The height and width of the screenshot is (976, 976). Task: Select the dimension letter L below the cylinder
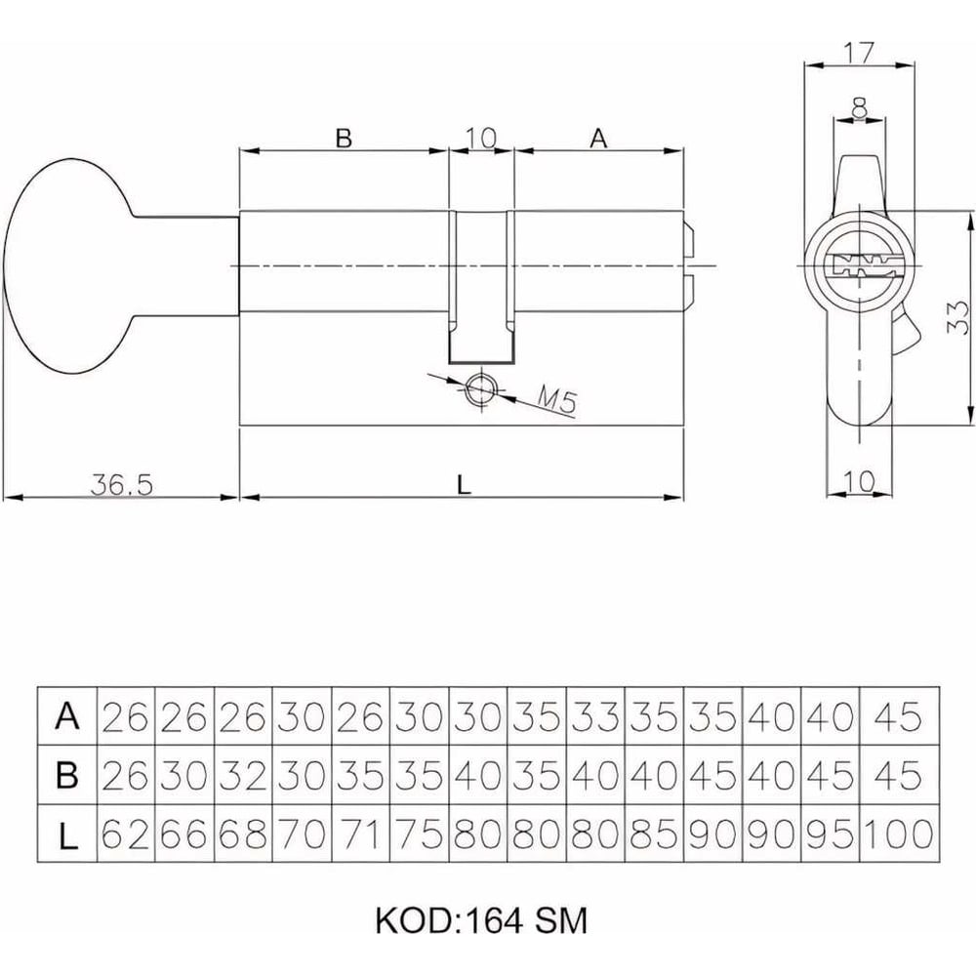[x=465, y=482]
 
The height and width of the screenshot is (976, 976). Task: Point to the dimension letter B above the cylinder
[x=343, y=139]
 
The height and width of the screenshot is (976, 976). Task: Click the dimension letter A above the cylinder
[x=598, y=139]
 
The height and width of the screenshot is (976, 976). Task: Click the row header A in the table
[x=67, y=717]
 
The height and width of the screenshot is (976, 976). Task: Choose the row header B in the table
[x=67, y=776]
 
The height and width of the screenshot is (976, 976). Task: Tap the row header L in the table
[x=67, y=834]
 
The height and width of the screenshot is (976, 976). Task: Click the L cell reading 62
[x=126, y=834]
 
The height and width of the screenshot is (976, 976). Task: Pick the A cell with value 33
[x=595, y=717]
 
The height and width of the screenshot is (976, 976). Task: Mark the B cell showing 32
[x=243, y=776]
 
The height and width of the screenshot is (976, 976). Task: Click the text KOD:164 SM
[x=480, y=919]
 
